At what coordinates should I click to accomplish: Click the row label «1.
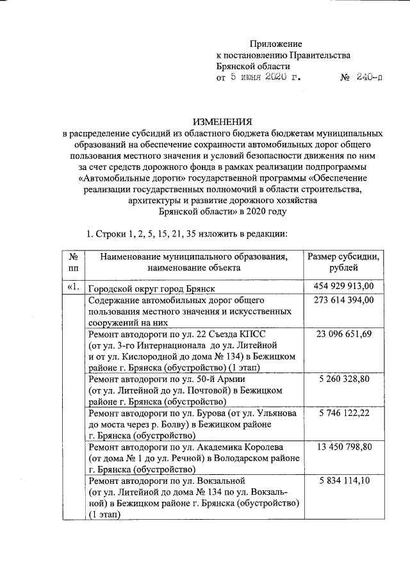(x=72, y=286)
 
